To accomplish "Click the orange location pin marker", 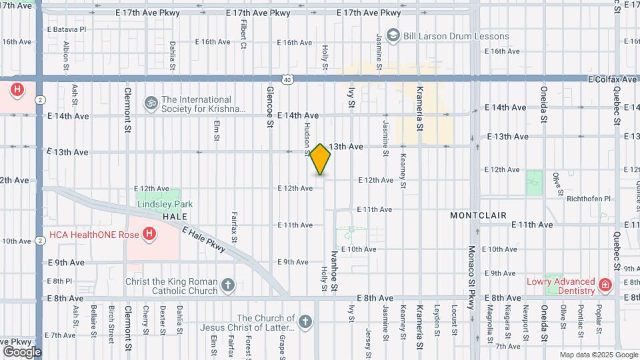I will pyautogui.click(x=321, y=159).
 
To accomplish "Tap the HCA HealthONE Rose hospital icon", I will pyautogui.click(x=149, y=233).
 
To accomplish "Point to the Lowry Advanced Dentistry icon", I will pyautogui.click(x=605, y=285).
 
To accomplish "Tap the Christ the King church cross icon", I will pyautogui.click(x=228, y=285).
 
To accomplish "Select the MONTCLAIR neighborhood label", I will pyautogui.click(x=478, y=216).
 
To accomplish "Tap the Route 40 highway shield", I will pyautogui.click(x=287, y=79).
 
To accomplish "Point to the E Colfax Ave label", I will pyautogui.click(x=612, y=79).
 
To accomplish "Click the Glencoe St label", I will pyautogui.click(x=270, y=105).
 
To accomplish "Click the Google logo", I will pyautogui.click(x=22, y=352).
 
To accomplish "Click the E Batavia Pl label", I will pyautogui.click(x=67, y=29).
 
